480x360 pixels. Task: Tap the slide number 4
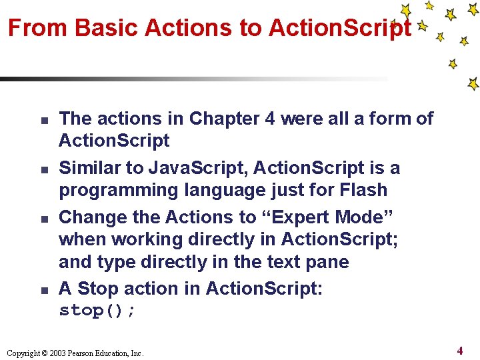coord(460,350)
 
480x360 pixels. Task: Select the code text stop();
coord(97,311)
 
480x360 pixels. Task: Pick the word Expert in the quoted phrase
coord(301,217)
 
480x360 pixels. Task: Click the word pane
coord(326,262)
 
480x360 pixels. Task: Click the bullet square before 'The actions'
coord(41,121)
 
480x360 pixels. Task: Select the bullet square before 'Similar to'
coord(41,170)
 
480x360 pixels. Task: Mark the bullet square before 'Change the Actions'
coord(41,219)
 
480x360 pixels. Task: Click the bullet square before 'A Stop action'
coord(41,291)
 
